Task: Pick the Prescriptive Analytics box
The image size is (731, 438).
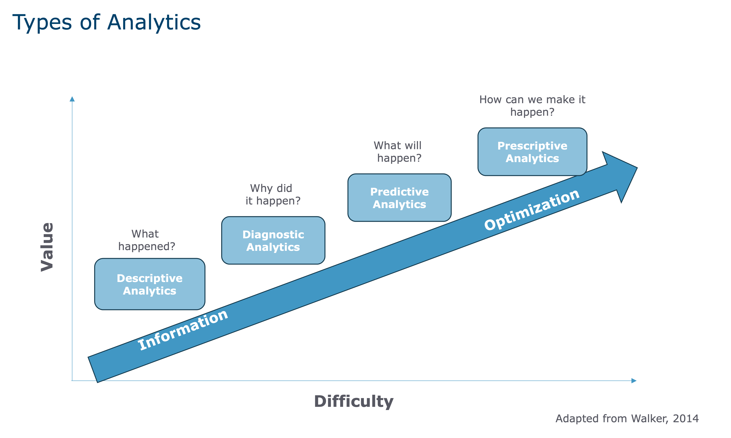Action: click(x=532, y=152)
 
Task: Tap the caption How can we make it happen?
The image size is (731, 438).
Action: click(x=532, y=106)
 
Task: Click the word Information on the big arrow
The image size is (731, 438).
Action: click(x=183, y=330)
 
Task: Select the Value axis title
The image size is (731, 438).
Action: click(x=47, y=247)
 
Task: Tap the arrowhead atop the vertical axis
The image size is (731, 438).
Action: click(x=72, y=99)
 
